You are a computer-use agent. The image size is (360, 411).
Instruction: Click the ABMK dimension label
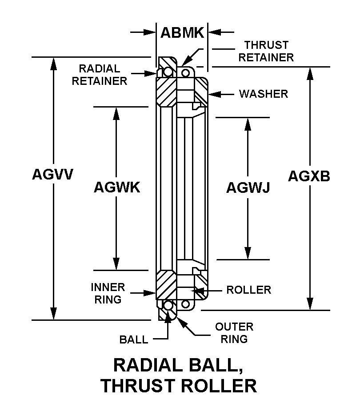pyautogui.click(x=182, y=33)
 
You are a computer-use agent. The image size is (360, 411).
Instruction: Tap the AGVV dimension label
pyautogui.click(x=53, y=174)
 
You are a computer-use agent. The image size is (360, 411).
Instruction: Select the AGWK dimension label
pyautogui.click(x=117, y=187)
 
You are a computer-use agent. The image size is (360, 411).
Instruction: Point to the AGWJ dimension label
pyautogui.click(x=248, y=188)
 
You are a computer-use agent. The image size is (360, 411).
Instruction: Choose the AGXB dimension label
pyautogui.click(x=309, y=176)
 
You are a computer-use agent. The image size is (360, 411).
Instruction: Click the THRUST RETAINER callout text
pyautogui.click(x=266, y=51)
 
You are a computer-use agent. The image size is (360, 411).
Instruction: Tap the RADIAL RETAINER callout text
pyautogui.click(x=100, y=75)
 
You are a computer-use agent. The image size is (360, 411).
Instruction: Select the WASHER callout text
pyautogui.click(x=264, y=94)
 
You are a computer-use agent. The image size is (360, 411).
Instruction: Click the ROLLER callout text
pyautogui.click(x=249, y=290)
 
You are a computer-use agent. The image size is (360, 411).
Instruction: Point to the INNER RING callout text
pyautogui.click(x=108, y=293)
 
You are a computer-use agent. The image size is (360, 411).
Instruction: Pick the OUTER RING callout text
pyautogui.click(x=234, y=333)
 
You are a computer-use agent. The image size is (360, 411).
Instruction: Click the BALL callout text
pyautogui.click(x=134, y=340)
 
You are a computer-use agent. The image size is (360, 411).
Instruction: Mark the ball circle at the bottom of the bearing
pyautogui.click(x=168, y=305)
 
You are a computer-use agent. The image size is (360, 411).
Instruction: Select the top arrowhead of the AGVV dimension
pyautogui.click(x=53, y=64)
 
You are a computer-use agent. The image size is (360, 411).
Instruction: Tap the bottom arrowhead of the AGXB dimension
pyautogui.click(x=310, y=304)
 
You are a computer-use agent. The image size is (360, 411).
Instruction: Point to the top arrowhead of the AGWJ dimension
pyautogui.click(x=248, y=124)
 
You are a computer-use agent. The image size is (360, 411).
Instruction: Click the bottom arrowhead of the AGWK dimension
pyautogui.click(x=116, y=263)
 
